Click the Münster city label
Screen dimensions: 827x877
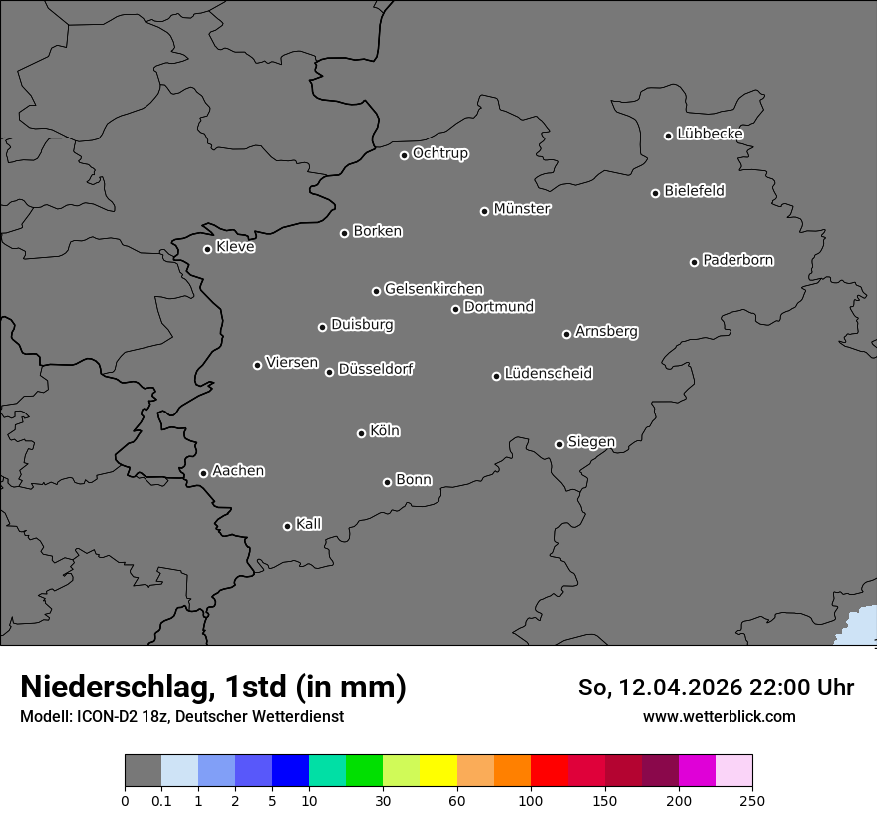coord(521,209)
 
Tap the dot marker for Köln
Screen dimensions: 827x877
coord(361,433)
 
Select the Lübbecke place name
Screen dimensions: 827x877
coord(710,134)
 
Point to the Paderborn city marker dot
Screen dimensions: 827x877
coord(695,262)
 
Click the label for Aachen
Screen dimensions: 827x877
coord(238,471)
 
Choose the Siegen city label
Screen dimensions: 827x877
coord(591,442)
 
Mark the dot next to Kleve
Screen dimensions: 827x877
coord(207,249)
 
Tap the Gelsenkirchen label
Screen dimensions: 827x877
coord(434,289)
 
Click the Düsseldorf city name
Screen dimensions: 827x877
coord(375,369)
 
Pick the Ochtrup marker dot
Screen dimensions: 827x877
coord(404,155)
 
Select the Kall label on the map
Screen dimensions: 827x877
coord(308,524)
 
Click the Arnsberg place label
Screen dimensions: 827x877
coord(606,332)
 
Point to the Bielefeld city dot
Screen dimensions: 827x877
coord(655,193)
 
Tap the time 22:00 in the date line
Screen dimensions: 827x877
coord(790,688)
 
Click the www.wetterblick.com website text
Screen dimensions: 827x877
coord(719,716)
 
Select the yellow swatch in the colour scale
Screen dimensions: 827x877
coord(438,771)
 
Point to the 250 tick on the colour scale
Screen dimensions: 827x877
coord(752,800)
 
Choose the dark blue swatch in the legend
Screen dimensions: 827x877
coord(291,771)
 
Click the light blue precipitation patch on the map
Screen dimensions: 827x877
coord(860,628)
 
